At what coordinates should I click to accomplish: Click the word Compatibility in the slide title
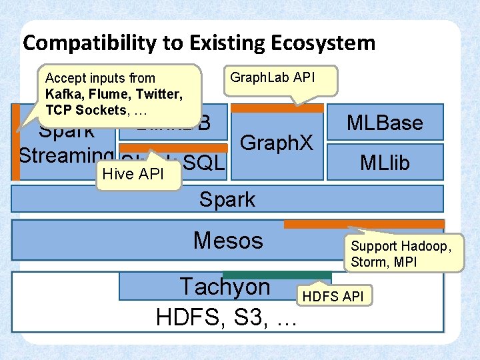coord(80,43)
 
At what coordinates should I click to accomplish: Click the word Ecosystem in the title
coord(323,43)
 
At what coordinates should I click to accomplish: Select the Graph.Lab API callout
coord(271,78)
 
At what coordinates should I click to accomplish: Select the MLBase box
coord(385,123)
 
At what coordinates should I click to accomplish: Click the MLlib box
coord(385,162)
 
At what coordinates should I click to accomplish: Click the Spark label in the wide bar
coord(227,199)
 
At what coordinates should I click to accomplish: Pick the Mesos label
coord(228,240)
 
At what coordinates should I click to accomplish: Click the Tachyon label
coord(225,287)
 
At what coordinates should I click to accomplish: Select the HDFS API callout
coord(333,296)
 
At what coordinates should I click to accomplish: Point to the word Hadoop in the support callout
coord(430,247)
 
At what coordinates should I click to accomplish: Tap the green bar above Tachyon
coord(276,275)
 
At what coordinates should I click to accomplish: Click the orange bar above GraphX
coord(276,108)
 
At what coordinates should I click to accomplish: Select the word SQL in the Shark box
coord(204,162)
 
